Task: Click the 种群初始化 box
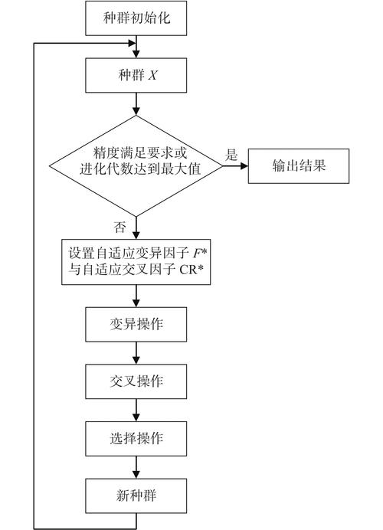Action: [x=136, y=18]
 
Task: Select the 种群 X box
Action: [x=136, y=76]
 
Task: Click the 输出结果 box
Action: [x=299, y=165]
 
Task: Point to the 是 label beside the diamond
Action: [x=231, y=154]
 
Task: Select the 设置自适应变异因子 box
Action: [x=136, y=261]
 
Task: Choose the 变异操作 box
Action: [x=136, y=324]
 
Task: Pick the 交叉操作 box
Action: [x=136, y=381]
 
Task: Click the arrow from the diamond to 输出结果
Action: [x=234, y=165]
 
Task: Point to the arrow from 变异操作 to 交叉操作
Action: [x=136, y=352]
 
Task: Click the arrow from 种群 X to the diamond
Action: [x=136, y=104]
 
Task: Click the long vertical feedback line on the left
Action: [x=34, y=283]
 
